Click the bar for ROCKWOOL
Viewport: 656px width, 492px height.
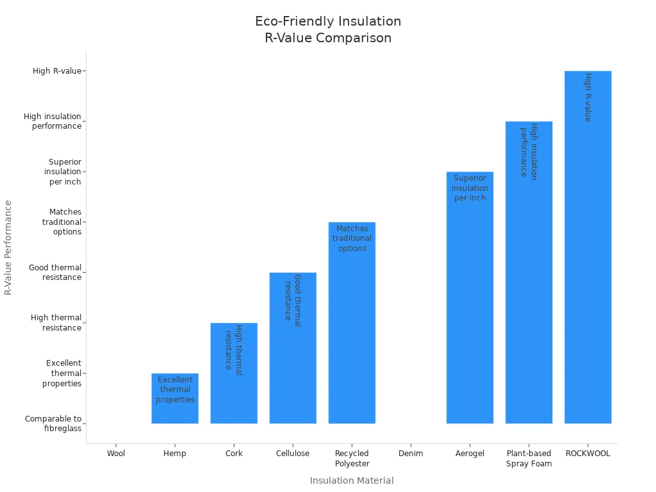point(587,256)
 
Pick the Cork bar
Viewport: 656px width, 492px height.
point(234,384)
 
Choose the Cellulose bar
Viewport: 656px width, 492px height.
point(293,359)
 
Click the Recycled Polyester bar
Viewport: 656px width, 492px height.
point(352,333)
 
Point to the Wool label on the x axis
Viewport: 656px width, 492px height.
point(116,454)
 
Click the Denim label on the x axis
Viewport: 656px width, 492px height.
point(411,454)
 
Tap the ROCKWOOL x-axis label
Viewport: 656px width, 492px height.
point(587,454)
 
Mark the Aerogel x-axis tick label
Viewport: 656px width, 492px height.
point(470,454)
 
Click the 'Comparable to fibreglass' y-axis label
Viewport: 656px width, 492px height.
point(53,423)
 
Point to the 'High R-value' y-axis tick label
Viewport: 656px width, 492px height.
point(57,71)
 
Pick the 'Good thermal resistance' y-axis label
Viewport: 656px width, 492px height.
point(55,272)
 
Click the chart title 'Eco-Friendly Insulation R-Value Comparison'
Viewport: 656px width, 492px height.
point(328,29)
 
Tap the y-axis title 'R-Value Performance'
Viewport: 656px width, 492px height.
point(8,247)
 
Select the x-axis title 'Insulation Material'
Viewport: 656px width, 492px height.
point(352,480)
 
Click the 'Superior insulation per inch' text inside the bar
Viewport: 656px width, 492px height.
point(470,188)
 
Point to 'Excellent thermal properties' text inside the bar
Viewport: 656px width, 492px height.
point(175,389)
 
